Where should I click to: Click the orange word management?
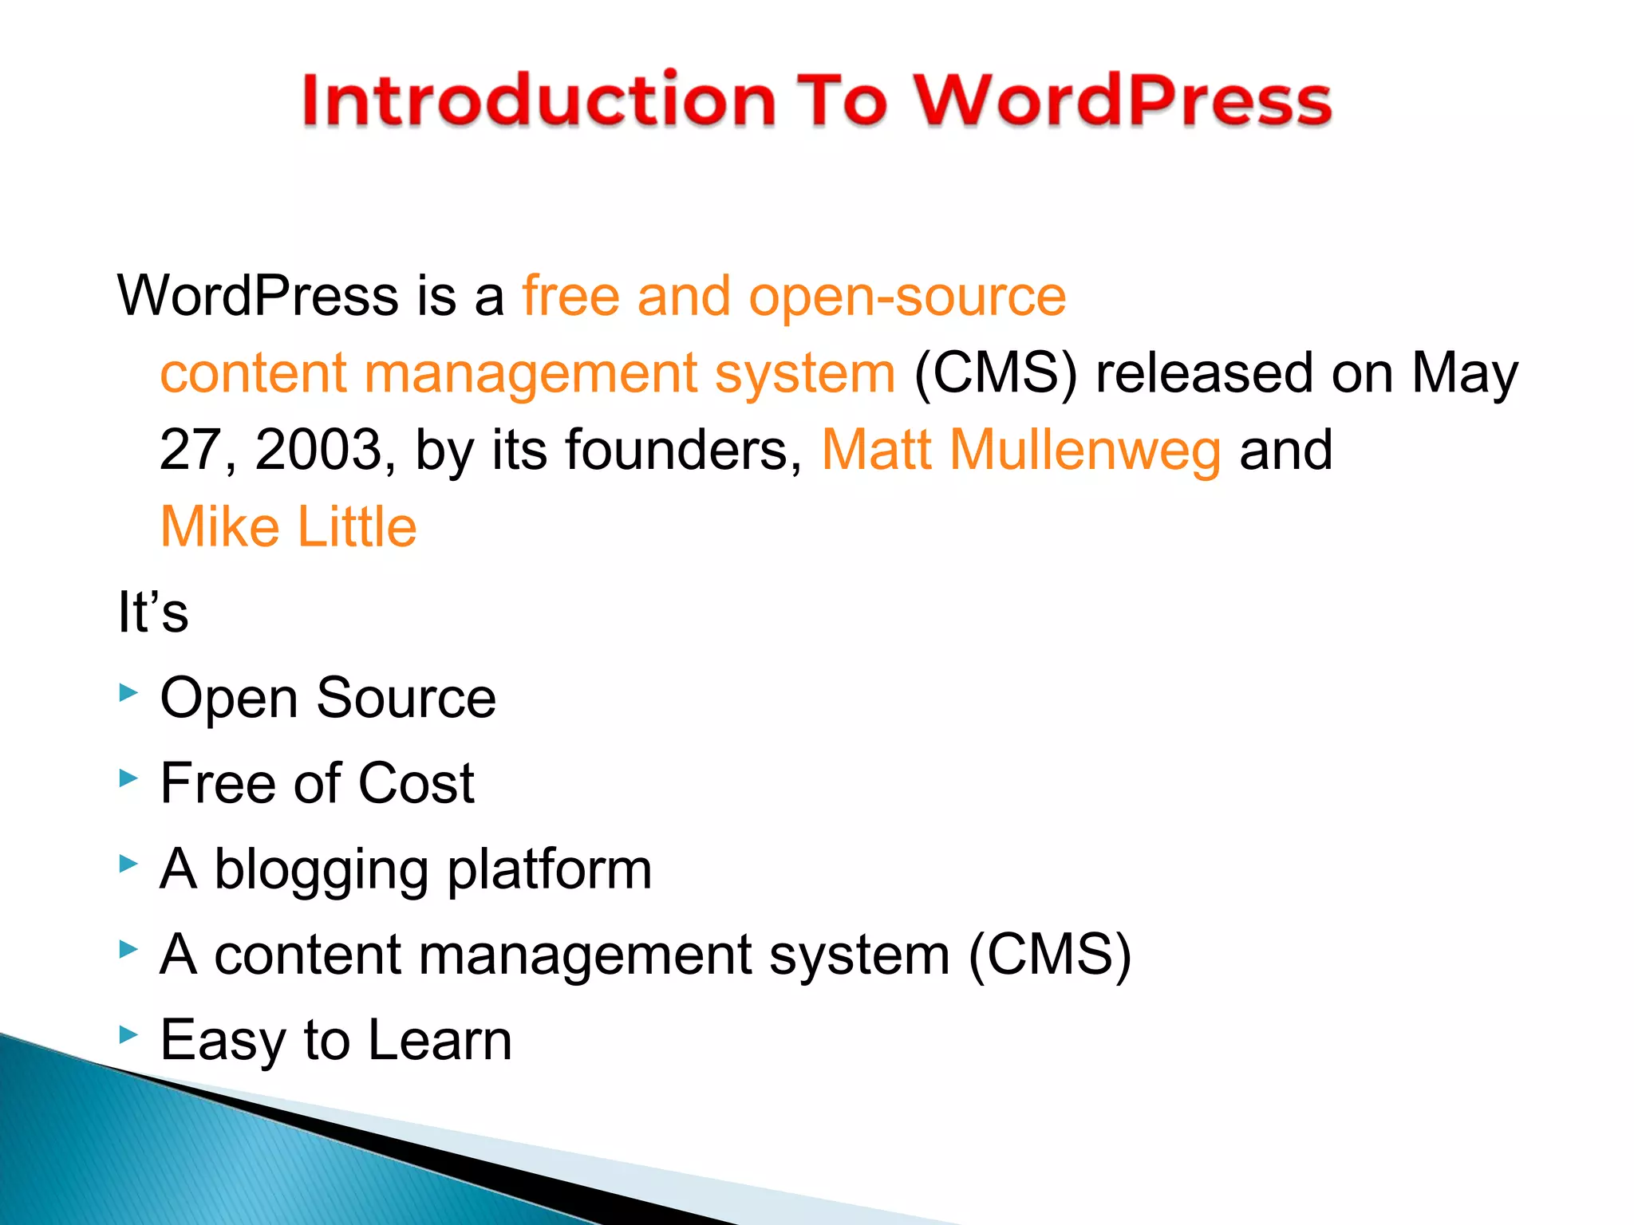pos(531,373)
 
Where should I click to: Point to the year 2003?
pos(319,450)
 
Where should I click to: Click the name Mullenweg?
pos(1085,451)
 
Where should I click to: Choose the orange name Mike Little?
pos(289,527)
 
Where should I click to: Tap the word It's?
pos(153,612)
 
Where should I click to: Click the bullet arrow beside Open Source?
pos(128,692)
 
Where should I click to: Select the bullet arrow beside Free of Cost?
pos(128,778)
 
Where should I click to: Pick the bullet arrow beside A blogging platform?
pos(128,863)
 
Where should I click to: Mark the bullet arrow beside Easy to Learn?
pos(128,1034)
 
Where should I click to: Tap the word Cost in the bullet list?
pos(416,783)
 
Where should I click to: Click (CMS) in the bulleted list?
pos(1049,955)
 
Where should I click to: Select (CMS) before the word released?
pos(995,373)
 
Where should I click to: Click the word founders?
pos(683,450)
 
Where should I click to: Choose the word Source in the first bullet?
pos(406,698)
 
